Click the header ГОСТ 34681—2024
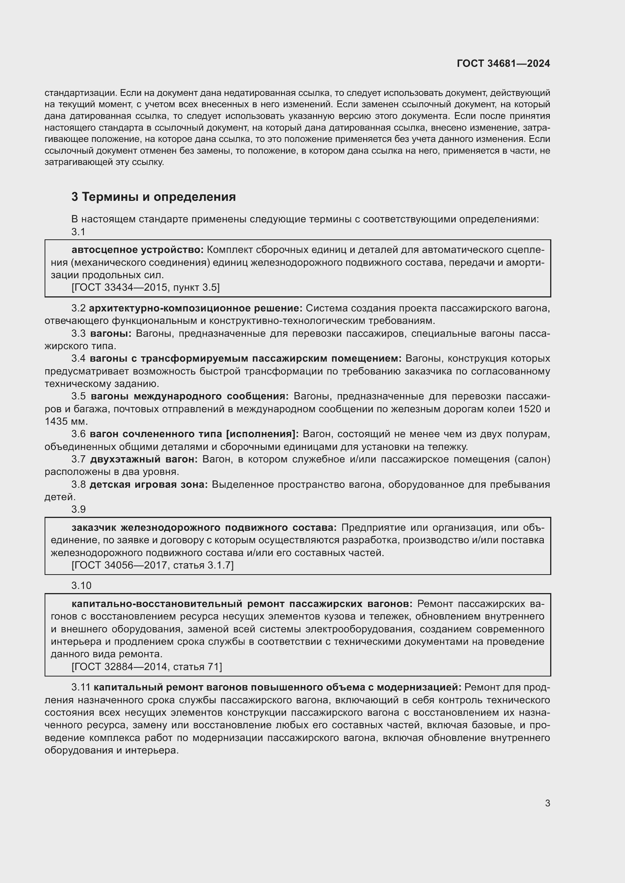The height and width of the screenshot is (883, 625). click(503, 63)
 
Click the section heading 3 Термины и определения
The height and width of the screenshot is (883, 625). click(153, 197)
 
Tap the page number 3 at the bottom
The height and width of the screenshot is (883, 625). click(547, 803)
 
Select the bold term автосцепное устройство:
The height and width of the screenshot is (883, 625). click(138, 250)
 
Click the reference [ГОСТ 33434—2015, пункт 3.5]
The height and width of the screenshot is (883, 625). click(145, 287)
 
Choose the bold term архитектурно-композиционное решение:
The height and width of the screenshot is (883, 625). click(196, 308)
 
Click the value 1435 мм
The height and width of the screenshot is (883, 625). click(66, 422)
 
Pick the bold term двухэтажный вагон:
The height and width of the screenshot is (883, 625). click(144, 459)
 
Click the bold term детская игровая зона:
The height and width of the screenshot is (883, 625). click(149, 485)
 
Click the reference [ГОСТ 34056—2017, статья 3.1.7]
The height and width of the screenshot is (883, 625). click(152, 565)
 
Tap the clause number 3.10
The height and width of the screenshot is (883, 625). click(81, 586)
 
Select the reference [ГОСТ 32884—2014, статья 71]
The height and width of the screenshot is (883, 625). click(147, 666)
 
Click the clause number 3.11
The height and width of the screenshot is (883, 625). click(80, 687)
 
